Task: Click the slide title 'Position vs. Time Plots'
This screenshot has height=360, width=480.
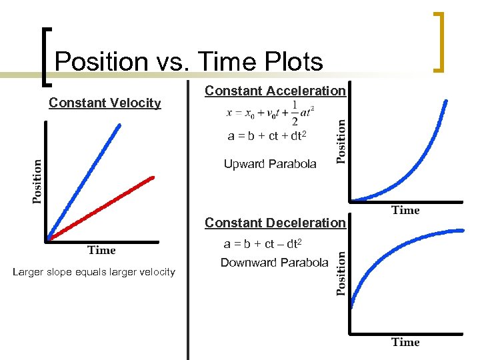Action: [x=189, y=61]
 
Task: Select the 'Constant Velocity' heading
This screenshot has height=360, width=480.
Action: [x=105, y=103]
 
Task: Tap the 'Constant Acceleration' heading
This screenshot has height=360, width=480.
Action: [x=275, y=91]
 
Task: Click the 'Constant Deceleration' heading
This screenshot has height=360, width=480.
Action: [x=275, y=223]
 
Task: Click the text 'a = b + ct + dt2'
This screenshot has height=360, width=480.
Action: [x=267, y=136]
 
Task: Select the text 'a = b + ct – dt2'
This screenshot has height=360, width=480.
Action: [x=264, y=244]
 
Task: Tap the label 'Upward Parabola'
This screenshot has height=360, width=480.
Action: [x=270, y=164]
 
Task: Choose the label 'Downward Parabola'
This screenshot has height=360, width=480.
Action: [x=274, y=263]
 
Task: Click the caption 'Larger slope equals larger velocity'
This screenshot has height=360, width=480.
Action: [x=94, y=271]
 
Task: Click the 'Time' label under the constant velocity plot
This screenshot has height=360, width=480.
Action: [x=101, y=251]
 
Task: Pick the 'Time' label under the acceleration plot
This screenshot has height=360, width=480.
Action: [x=405, y=211]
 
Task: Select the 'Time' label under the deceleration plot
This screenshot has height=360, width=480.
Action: [x=405, y=342]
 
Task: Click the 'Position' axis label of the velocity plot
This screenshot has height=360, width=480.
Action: [x=37, y=181]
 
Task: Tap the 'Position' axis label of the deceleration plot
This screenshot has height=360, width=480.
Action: [x=340, y=273]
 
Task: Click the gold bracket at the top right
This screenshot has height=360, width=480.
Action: [x=439, y=41]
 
